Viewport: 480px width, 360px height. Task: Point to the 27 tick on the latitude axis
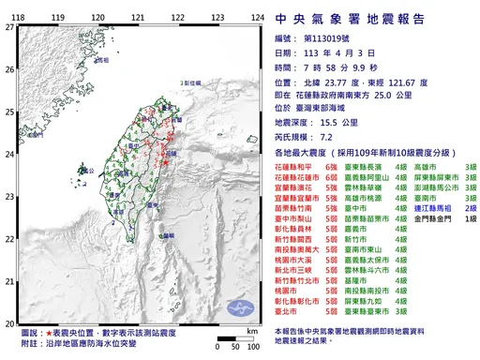[x=9, y=27]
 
